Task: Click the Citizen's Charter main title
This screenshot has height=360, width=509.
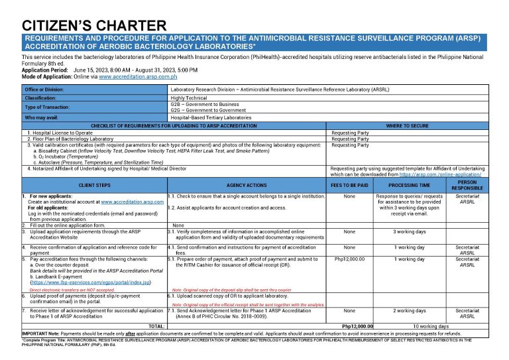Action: pos(94,26)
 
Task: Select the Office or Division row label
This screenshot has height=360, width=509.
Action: pos(44,89)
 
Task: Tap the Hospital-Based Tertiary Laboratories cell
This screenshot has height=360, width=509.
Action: pos(211,117)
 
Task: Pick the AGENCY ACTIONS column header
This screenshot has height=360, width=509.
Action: pos(247,185)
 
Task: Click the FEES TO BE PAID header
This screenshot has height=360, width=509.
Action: pos(350,185)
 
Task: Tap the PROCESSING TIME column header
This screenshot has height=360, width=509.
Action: pos(409,185)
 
